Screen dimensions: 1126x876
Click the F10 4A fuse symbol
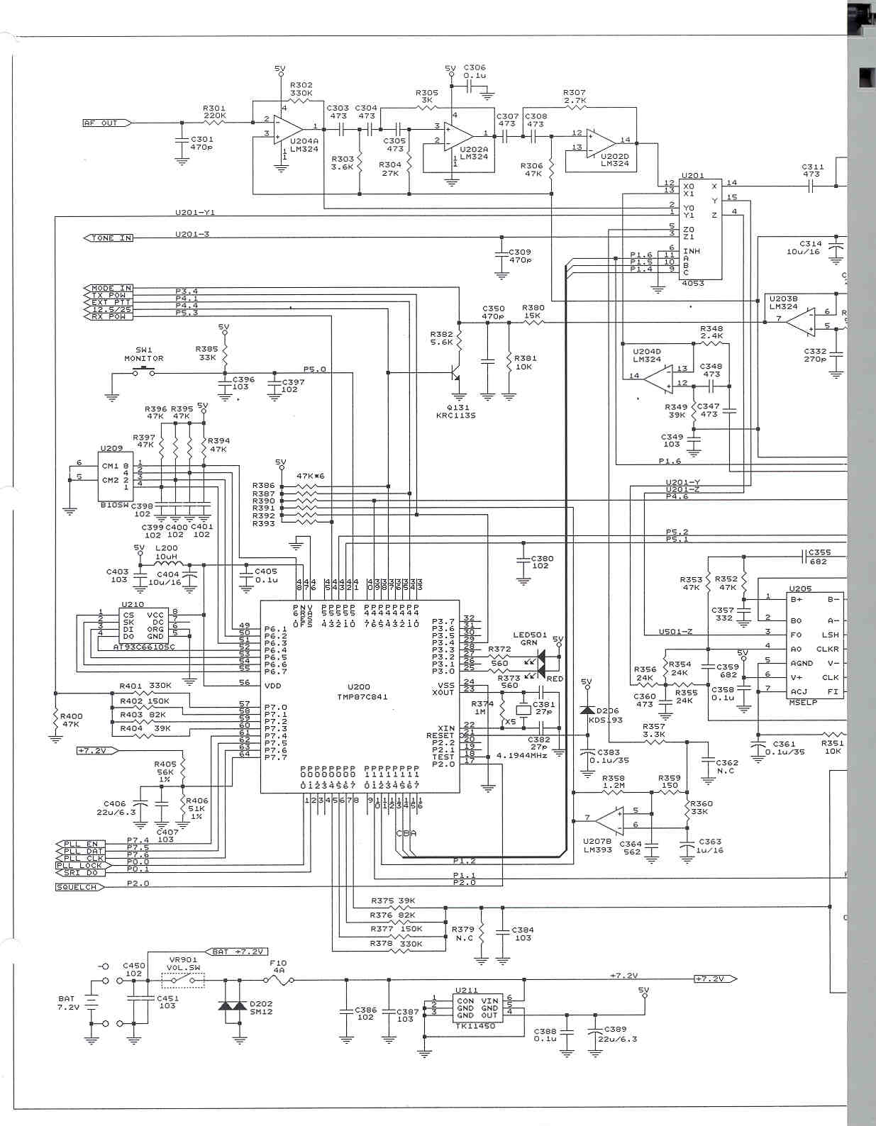click(278, 981)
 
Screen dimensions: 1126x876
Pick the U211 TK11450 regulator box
click(478, 1008)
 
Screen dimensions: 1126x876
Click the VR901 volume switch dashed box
click(183, 981)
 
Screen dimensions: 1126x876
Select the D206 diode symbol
click(587, 710)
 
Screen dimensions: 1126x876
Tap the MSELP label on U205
click(803, 702)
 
